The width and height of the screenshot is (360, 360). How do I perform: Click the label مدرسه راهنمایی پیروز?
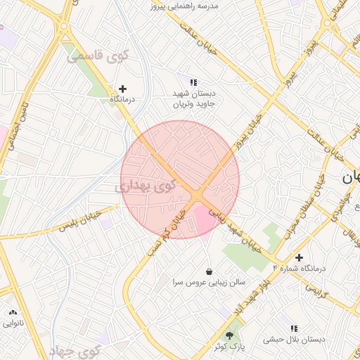pyautogui.click(x=185, y=6)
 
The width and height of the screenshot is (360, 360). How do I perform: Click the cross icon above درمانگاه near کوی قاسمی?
pyautogui.click(x=123, y=89)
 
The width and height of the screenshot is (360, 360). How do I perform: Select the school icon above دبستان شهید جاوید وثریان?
pyautogui.click(x=193, y=83)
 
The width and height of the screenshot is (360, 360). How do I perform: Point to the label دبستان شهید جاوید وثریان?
pyautogui.click(x=193, y=98)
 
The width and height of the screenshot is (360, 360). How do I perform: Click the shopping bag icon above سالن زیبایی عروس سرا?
pyautogui.click(x=209, y=271)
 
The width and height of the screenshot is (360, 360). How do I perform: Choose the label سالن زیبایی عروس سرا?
pyautogui.click(x=209, y=282)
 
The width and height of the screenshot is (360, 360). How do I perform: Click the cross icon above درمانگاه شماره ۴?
pyautogui.click(x=300, y=258)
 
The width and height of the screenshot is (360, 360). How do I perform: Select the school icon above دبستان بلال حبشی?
pyautogui.click(x=295, y=328)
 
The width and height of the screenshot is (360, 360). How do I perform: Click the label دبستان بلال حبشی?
pyautogui.click(x=294, y=340)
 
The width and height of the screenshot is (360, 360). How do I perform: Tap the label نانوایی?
pyautogui.click(x=13, y=323)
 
